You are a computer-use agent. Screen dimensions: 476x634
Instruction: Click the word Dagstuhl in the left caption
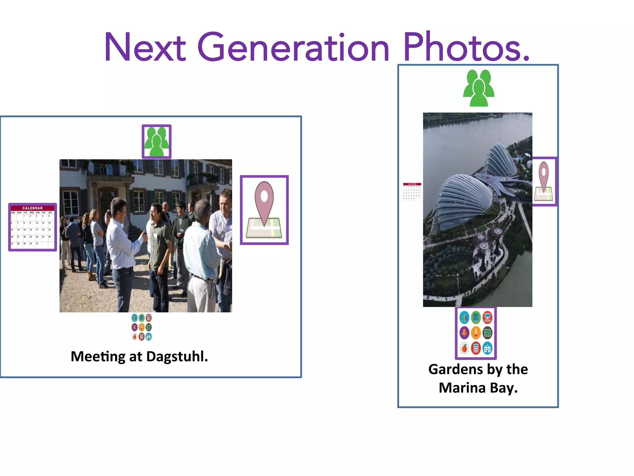point(177,356)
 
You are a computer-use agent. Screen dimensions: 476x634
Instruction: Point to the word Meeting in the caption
point(98,356)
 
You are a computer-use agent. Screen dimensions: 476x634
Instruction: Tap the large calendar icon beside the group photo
point(33,227)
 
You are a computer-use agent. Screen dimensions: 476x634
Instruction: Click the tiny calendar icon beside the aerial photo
point(412,192)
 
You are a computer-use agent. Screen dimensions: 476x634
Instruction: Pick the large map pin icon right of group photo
point(264,210)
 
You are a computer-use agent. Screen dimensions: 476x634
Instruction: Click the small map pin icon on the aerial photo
point(544,181)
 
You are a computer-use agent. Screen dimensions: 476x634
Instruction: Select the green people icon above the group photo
point(157,142)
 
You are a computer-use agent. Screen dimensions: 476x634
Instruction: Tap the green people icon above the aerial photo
point(479,88)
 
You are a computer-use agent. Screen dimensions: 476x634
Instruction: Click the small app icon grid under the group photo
point(141,327)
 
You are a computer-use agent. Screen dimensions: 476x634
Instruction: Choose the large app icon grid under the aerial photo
point(476,333)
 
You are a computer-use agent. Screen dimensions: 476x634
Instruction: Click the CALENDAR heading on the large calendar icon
point(33,208)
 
